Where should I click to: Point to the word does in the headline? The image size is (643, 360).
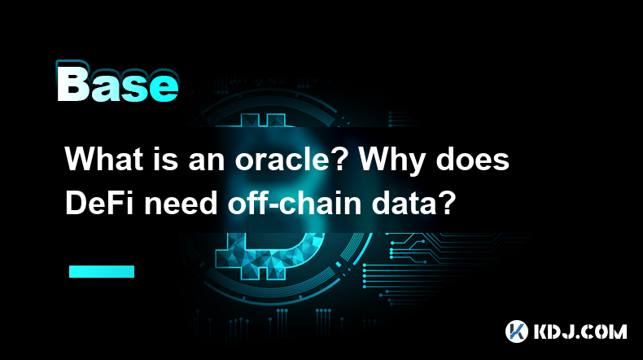tap(472, 159)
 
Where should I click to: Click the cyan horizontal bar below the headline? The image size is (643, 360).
tap(102, 271)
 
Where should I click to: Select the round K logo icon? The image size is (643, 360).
tap(517, 331)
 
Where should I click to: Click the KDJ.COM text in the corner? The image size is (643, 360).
tap(580, 331)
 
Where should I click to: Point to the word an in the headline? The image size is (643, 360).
tap(207, 163)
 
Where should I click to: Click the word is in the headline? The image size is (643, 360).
tap(167, 160)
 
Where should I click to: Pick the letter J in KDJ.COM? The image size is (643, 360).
tap(570, 331)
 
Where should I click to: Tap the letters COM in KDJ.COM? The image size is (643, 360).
tap(606, 331)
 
